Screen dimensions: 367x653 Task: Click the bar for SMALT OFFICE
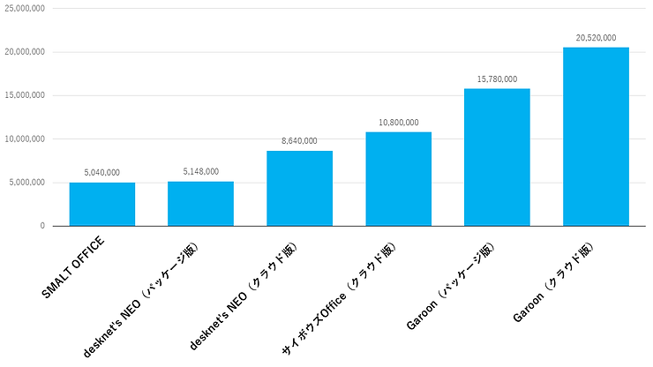(x=102, y=204)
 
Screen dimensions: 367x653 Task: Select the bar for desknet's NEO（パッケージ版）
(x=201, y=203)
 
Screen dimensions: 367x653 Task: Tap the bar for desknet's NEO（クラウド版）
(x=300, y=188)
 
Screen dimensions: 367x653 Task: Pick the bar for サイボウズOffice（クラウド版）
(x=399, y=178)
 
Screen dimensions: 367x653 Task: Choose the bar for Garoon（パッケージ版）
(x=498, y=157)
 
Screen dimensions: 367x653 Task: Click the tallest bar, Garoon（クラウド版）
(x=596, y=136)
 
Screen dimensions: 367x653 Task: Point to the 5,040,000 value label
(x=102, y=173)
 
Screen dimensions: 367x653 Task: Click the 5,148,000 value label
(x=201, y=172)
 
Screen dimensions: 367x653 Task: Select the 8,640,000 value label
(x=300, y=141)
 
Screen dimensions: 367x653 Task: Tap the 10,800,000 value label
(x=399, y=123)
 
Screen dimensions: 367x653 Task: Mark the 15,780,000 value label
(x=498, y=79)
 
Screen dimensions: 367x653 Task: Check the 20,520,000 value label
(x=596, y=38)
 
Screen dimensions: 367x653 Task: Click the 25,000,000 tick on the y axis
(x=24, y=8)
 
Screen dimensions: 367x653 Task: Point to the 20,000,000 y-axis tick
(x=24, y=52)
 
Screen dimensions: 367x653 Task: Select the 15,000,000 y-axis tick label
(x=24, y=95)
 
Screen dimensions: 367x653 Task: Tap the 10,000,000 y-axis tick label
(x=24, y=139)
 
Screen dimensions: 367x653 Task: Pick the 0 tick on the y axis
(x=41, y=226)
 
